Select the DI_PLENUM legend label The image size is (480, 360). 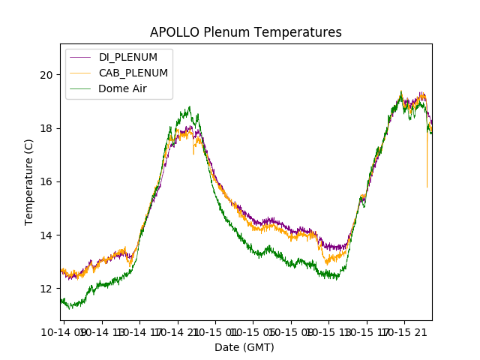[128, 57]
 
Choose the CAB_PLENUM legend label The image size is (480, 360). [133, 73]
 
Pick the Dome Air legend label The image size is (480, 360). [123, 88]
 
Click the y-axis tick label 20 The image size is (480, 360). [47, 74]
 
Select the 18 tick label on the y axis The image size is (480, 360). [47, 128]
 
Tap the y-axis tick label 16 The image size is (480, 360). [47, 181]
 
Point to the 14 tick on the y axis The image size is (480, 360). [47, 235]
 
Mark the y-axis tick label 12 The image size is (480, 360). [47, 289]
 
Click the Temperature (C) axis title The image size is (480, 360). [29, 181]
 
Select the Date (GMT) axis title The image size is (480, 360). [244, 347]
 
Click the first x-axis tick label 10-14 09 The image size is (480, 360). [64, 331]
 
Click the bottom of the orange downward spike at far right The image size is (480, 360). [427, 187]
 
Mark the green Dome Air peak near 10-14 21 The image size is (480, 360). [190, 107]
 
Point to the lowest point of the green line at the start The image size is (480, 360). [69, 307]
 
